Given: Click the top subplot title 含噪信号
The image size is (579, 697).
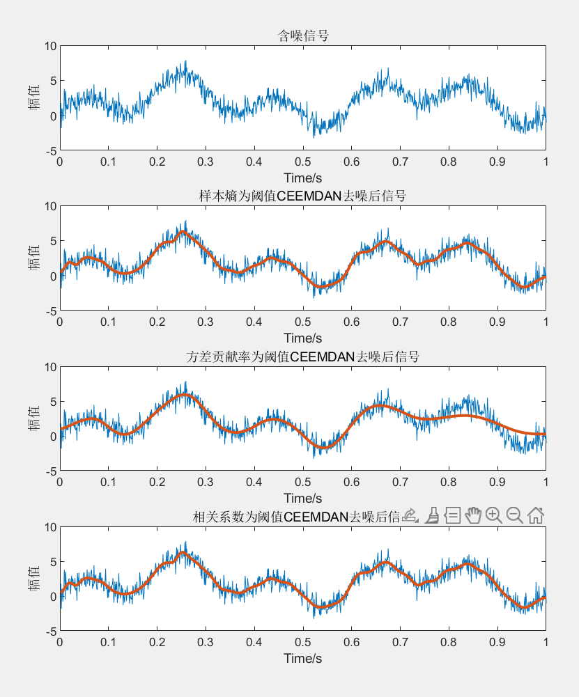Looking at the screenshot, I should coord(302,36).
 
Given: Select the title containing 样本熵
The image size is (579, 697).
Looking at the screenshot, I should coord(302,196).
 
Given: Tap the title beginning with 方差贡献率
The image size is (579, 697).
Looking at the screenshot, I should coord(302,357).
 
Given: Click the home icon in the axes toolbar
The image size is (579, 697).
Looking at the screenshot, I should coord(535,515).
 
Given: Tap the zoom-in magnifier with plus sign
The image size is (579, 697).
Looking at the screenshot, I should coord(493,515).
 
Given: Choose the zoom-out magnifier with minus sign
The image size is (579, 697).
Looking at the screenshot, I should coord(514,515).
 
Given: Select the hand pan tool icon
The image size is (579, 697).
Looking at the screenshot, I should coord(473,515).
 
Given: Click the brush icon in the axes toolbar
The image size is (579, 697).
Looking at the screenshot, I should coord(431,515).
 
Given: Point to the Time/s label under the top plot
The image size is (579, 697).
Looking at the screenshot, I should coord(302,178).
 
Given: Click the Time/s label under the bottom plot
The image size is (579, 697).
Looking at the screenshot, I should coord(302,658).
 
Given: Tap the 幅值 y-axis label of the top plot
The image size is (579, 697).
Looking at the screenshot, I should coord(33,97).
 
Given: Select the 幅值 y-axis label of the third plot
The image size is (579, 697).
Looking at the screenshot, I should coord(33,418).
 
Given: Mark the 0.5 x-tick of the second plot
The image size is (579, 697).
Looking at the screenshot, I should coord(302,322).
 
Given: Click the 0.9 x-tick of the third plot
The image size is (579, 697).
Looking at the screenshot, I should coord(497,483).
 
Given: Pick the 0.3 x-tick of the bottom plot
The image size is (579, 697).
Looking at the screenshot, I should coord(206,643).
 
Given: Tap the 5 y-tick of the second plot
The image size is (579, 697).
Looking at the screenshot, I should coord(52,241).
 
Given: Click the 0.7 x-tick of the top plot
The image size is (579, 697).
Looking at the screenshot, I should coord(400,162).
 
